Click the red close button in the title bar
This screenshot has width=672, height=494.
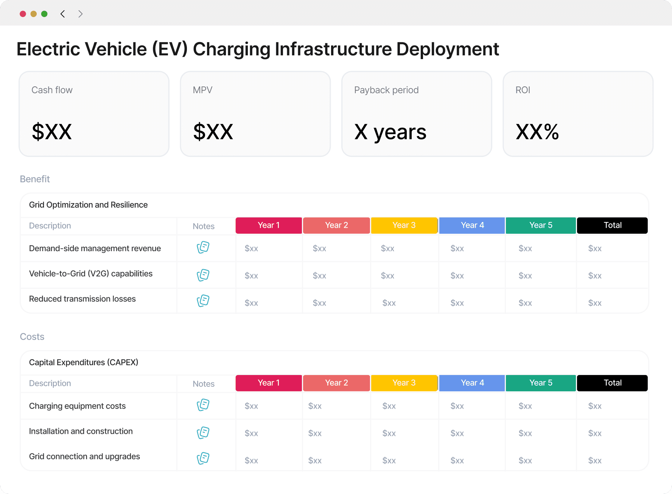point(23,14)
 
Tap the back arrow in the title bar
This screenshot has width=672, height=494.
point(62,14)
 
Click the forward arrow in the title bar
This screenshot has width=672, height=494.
point(80,14)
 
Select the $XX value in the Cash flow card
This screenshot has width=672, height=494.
point(52,132)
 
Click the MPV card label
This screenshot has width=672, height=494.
point(202,90)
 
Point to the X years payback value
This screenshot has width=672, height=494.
point(390,132)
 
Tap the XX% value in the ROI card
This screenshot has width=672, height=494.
point(537,132)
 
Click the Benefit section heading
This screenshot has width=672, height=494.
point(35,179)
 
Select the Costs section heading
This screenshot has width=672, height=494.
point(32,336)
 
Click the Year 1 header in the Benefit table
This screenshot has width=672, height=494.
point(269,225)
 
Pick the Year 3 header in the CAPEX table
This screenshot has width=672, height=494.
point(404,383)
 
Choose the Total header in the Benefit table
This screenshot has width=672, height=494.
point(612,225)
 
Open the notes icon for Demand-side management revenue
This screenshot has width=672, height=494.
point(203,247)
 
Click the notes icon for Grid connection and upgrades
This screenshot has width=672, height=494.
point(203,458)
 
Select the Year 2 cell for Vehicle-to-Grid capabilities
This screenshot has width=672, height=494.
point(319,276)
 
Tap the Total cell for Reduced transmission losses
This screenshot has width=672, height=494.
point(595,303)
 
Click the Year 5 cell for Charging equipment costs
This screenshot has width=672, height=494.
point(525,406)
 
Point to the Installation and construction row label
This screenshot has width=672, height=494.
point(81,431)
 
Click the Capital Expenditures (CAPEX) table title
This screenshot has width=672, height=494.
point(84,363)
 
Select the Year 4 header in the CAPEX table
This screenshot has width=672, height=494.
point(472,383)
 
